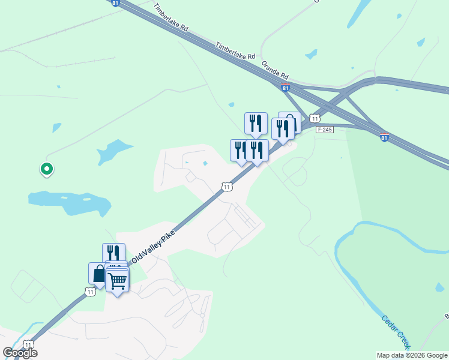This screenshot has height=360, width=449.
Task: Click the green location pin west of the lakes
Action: coord(46,169)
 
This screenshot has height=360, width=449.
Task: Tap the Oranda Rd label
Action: coord(276,70)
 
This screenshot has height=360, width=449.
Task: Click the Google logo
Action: coord(20,353)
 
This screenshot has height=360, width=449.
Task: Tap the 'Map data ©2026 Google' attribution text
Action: coord(412,355)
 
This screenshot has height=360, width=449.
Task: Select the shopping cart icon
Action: coord(118,280)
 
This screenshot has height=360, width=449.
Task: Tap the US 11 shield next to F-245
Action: coord(314,118)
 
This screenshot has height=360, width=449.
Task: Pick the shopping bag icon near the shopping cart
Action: coord(98,273)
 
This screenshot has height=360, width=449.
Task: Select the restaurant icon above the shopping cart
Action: coord(113,253)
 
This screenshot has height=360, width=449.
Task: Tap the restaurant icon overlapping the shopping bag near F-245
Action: coord(282,128)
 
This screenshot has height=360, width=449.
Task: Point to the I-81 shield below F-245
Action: coord(384,138)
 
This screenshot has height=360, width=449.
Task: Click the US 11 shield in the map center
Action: coord(226,187)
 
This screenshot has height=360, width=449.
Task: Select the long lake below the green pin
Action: coord(69,202)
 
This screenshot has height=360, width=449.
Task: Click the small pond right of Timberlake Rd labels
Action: coord(311,55)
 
